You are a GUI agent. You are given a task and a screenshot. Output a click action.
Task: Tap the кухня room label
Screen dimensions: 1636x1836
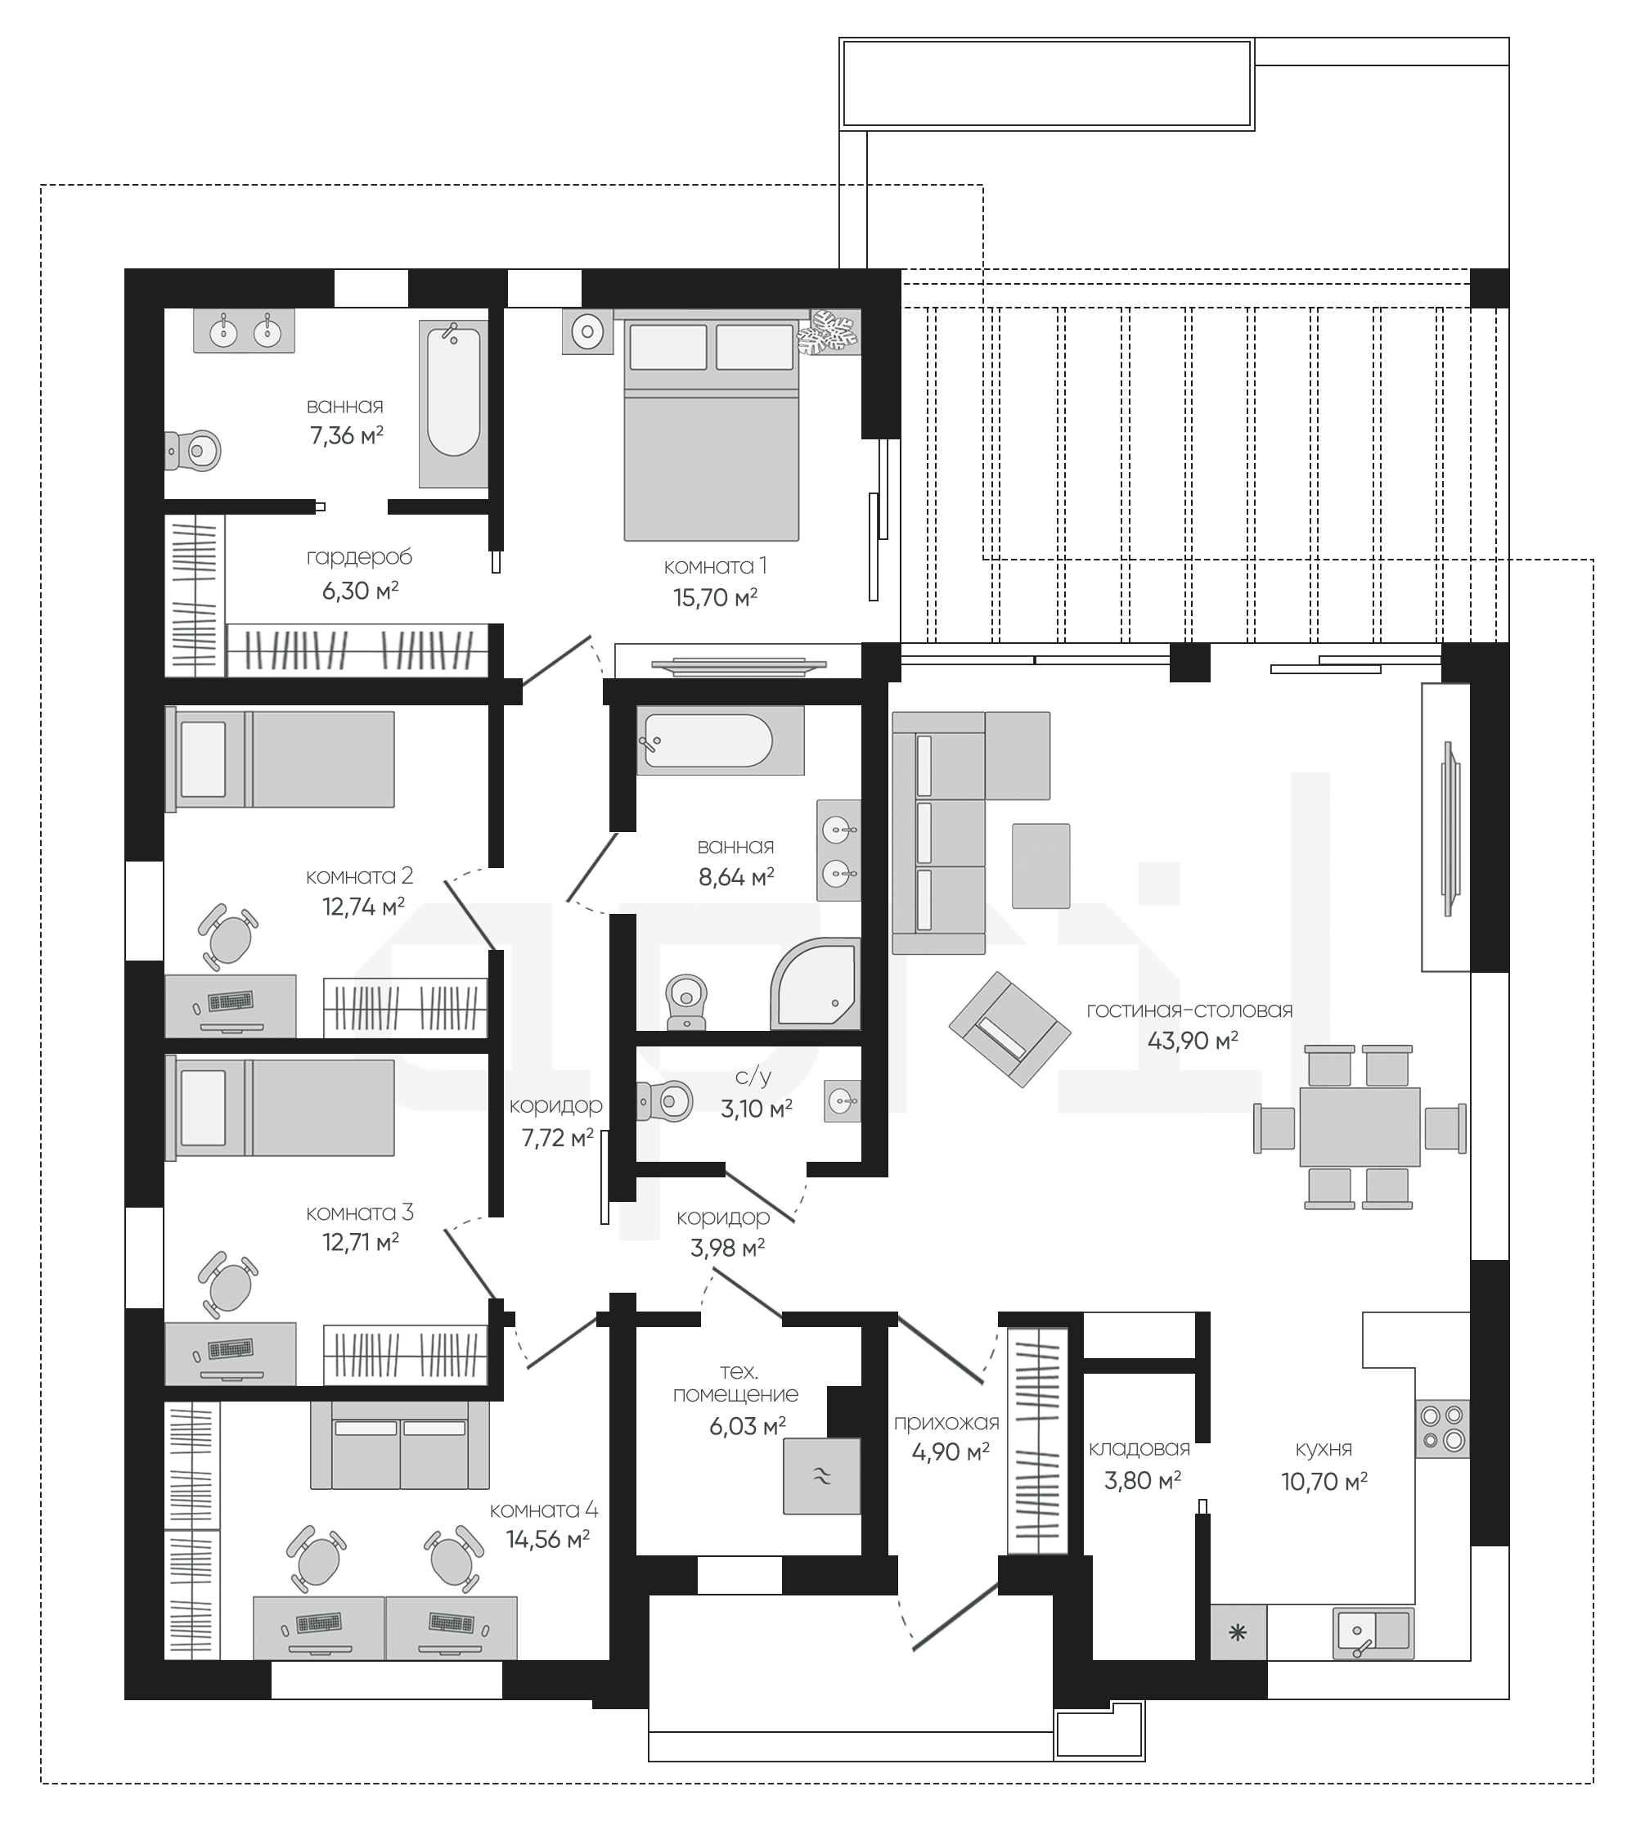pyautogui.click(x=1324, y=1448)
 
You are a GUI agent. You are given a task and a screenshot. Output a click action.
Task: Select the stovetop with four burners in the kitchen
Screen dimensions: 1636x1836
pyautogui.click(x=1442, y=1429)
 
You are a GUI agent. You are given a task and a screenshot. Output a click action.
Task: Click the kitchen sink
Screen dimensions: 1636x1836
pyautogui.click(x=1373, y=1633)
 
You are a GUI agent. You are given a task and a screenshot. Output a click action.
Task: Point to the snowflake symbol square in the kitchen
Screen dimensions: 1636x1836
pyautogui.click(x=1238, y=1633)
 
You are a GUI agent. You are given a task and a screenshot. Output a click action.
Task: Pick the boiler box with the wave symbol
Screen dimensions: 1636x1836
pyautogui.click(x=821, y=1475)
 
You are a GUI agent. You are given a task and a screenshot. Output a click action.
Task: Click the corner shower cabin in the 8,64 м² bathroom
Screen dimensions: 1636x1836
pyautogui.click(x=816, y=983)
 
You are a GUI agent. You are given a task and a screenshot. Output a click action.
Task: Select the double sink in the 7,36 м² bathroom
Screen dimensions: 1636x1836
pyautogui.click(x=245, y=330)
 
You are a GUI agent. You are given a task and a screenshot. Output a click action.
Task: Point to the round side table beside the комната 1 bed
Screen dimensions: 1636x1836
pyautogui.click(x=588, y=332)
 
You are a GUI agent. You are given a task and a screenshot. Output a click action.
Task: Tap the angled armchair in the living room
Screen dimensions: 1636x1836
pyautogui.click(x=1010, y=1028)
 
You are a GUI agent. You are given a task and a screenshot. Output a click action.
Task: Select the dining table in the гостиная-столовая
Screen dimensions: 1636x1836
pyautogui.click(x=1360, y=1127)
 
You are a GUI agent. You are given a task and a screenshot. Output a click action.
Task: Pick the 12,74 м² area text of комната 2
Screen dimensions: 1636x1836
pyautogui.click(x=363, y=907)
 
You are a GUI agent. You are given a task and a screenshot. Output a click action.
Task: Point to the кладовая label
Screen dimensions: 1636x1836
pyautogui.click(x=1139, y=1448)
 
